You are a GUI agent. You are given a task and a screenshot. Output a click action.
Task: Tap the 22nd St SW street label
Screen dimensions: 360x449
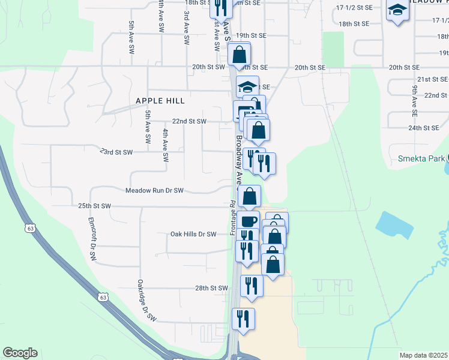pos(189,121)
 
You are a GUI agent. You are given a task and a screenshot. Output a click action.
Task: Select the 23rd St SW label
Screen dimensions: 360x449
pos(116,152)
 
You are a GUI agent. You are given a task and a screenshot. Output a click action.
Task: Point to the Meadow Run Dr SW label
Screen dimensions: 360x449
pos(154,191)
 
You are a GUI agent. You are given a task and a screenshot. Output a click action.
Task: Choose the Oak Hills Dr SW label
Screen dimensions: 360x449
pos(193,235)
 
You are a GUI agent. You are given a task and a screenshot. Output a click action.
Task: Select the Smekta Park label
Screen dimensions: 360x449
pos(421,159)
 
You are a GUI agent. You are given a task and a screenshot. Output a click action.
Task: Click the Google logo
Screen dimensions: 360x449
pos(20,353)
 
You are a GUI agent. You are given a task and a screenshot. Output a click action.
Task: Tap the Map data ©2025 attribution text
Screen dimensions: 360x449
pos(423,355)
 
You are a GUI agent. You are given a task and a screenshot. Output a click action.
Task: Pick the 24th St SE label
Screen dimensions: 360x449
pos(424,128)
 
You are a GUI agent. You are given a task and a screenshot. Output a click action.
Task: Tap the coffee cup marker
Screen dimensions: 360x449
pos(249,221)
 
